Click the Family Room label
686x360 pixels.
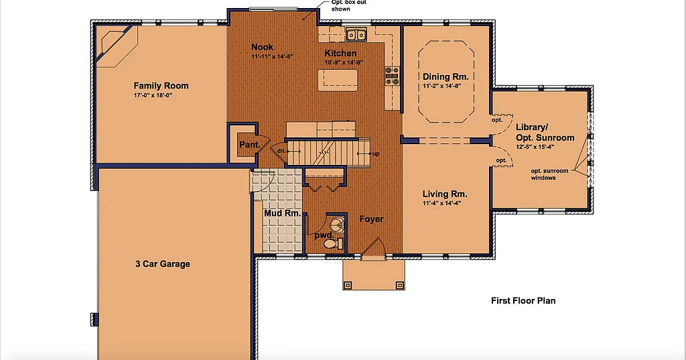click(161, 86)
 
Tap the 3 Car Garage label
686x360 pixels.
click(163, 263)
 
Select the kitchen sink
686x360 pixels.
click(356, 34)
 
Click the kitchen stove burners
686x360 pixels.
click(392, 76)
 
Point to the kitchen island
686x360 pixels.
click(338, 80)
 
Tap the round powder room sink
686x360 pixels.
click(337, 224)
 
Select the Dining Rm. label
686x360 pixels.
click(445, 76)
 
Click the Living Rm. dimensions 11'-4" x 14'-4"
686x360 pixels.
click(441, 203)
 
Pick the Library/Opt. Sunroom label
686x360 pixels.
click(545, 132)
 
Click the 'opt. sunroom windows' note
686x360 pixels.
click(549, 174)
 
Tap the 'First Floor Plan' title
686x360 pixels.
click(523, 300)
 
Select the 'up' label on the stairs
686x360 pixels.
click(376, 154)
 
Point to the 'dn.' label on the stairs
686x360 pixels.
click(281, 151)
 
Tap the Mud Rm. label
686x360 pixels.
click(281, 213)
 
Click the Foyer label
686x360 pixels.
click(370, 219)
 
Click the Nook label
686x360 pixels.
click(262, 47)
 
